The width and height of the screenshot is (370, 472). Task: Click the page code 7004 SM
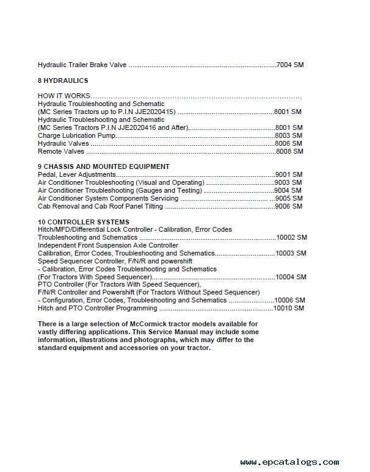(x=289, y=65)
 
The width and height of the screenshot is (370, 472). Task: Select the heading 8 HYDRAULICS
(x=63, y=80)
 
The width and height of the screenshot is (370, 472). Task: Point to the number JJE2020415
(x=154, y=112)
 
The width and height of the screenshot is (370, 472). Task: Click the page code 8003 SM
(x=289, y=135)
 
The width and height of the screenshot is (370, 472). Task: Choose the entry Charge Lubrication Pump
(x=76, y=135)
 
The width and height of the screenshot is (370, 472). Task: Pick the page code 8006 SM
(x=289, y=143)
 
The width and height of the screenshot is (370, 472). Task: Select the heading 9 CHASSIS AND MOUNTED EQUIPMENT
(x=103, y=166)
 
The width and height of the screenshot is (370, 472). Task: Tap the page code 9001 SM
(x=289, y=174)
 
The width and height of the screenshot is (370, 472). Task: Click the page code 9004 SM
(x=289, y=190)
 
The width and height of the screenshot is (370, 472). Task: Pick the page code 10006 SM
(x=289, y=301)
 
